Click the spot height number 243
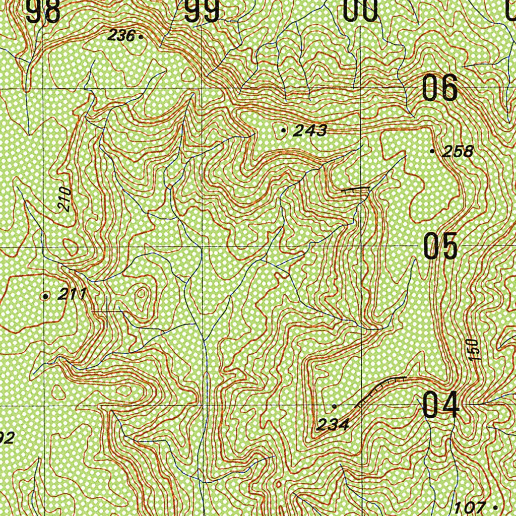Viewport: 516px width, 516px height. (x=310, y=131)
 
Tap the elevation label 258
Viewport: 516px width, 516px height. (x=458, y=151)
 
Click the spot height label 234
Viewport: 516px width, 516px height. (x=333, y=425)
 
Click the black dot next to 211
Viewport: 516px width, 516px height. (x=46, y=296)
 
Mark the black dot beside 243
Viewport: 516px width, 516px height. (x=283, y=131)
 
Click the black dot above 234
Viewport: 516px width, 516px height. (x=334, y=406)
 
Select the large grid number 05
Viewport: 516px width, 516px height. (x=440, y=246)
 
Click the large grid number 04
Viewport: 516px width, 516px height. (x=440, y=405)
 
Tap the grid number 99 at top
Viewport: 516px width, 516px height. (x=202, y=11)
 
